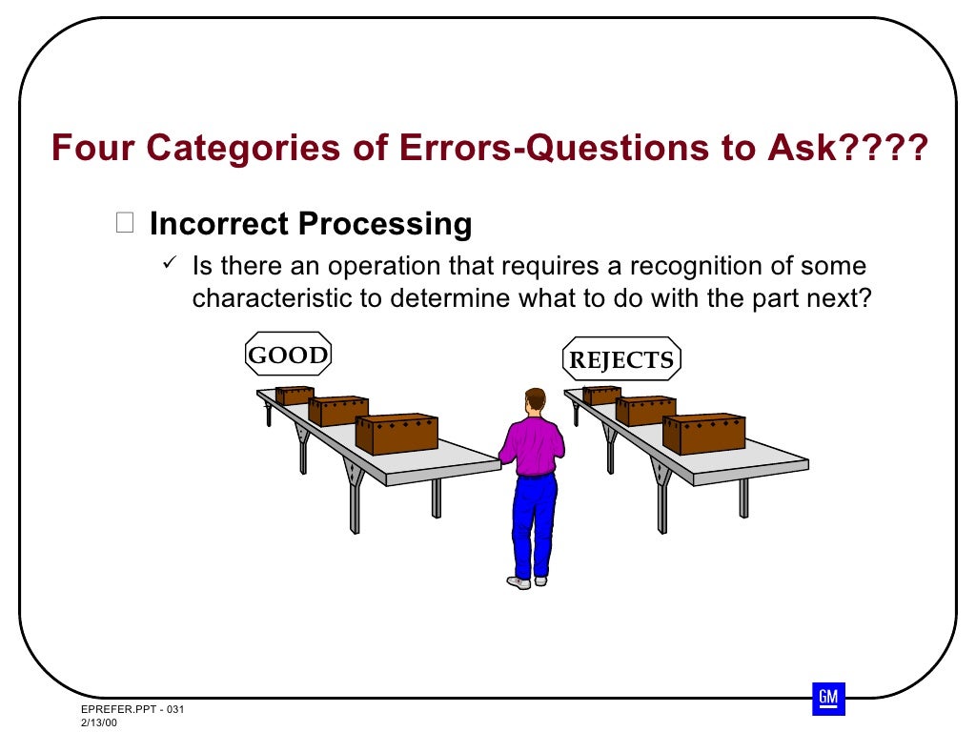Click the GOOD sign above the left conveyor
[288, 356]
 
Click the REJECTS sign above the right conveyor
[621, 360]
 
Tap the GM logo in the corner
[828, 699]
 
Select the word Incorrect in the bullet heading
[219, 224]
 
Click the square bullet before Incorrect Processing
[125, 224]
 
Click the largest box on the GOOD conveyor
[396, 434]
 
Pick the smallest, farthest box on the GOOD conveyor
[295, 395]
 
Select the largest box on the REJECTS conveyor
[703, 434]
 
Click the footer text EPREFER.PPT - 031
[131, 711]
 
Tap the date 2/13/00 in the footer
[99, 724]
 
